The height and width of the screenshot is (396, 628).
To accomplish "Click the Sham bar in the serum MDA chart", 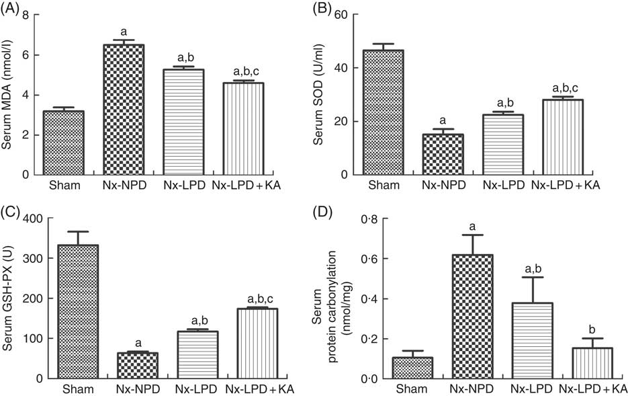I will [69, 143].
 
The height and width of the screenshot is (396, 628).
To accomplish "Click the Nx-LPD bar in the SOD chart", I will [502, 145].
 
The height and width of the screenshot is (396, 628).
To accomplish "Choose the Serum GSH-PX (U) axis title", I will [11, 299].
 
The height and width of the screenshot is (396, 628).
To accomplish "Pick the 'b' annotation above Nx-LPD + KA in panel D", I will [592, 330].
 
